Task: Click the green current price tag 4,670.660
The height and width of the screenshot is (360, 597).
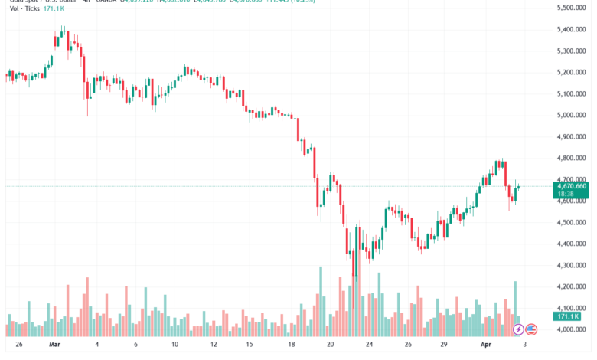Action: pyautogui.click(x=573, y=186)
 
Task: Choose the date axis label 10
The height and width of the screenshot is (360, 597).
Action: pyautogui.click(x=175, y=345)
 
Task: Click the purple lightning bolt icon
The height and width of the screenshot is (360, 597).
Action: pyautogui.click(x=518, y=329)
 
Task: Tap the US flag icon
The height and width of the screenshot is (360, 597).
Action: pyautogui.click(x=532, y=329)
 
